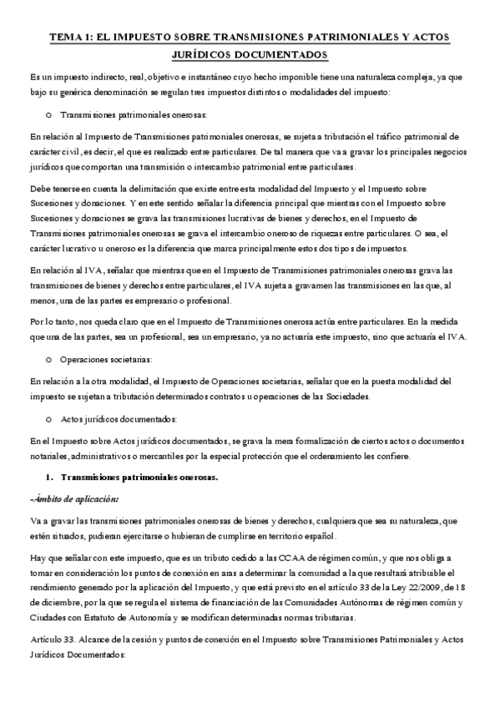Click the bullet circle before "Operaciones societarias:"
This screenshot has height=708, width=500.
coord(50,359)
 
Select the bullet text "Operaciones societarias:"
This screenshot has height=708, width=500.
coord(106,359)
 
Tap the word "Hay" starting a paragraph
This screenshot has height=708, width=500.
coord(37,556)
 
